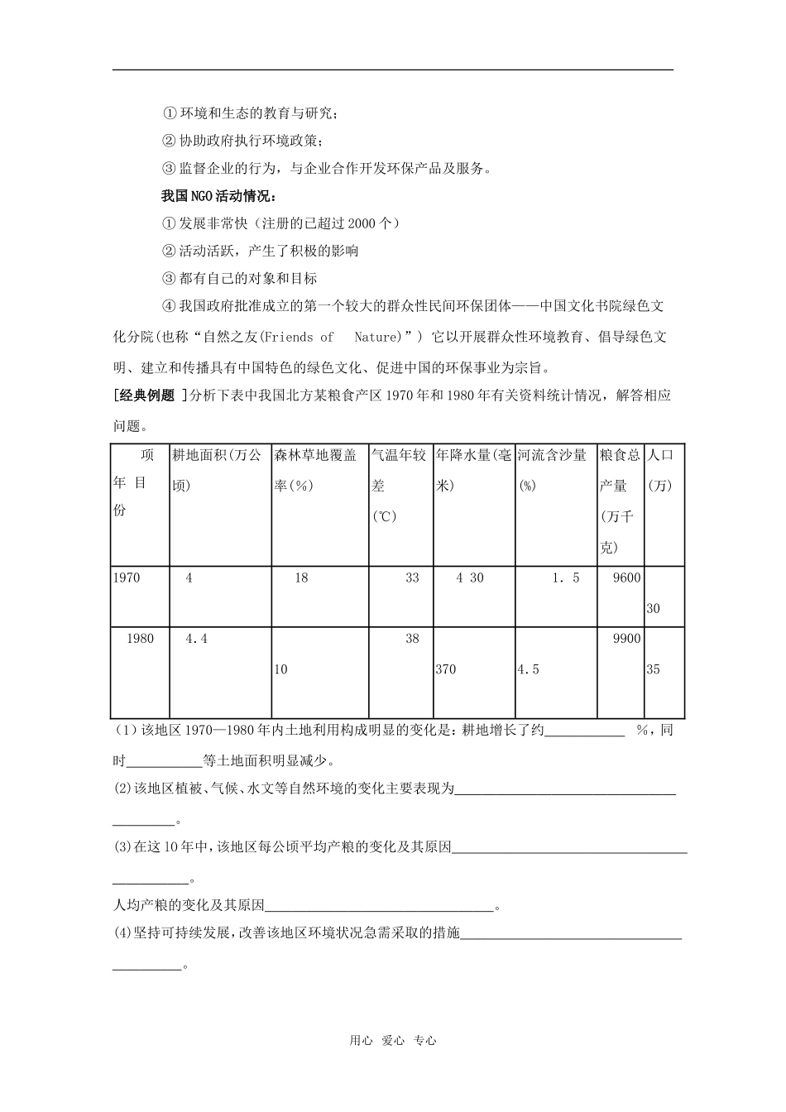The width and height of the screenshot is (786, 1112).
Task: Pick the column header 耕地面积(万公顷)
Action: click(x=217, y=470)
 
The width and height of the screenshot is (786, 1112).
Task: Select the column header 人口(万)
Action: click(x=660, y=470)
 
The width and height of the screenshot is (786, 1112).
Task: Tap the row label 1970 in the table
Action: click(x=127, y=578)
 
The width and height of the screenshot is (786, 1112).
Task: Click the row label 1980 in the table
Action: click(x=140, y=639)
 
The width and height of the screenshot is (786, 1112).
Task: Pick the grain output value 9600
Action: click(x=626, y=578)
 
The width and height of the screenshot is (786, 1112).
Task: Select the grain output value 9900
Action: click(x=626, y=639)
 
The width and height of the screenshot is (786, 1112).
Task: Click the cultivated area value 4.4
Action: click(x=196, y=639)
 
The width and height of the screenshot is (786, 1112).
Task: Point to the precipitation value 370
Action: click(x=446, y=669)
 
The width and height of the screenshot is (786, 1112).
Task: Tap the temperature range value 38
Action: click(x=412, y=639)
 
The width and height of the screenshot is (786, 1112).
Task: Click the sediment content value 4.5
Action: click(x=528, y=669)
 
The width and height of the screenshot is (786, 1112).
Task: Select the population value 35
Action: click(x=653, y=669)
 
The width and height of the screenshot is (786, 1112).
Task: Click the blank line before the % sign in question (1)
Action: click(x=585, y=731)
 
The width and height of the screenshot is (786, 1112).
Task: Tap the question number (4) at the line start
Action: click(x=122, y=932)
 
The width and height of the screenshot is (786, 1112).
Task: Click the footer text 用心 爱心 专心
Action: click(x=393, y=1041)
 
